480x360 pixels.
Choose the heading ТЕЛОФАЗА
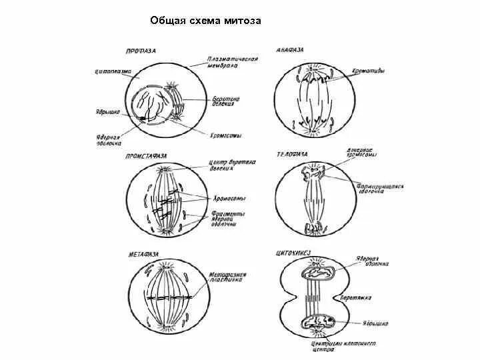tap(292, 154)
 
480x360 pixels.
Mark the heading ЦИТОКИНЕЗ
tap(294, 253)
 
